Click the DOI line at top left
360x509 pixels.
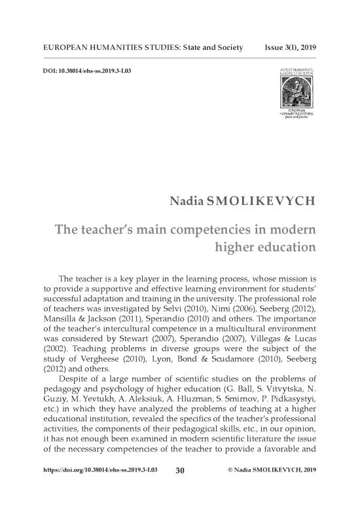click(x=87, y=70)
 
